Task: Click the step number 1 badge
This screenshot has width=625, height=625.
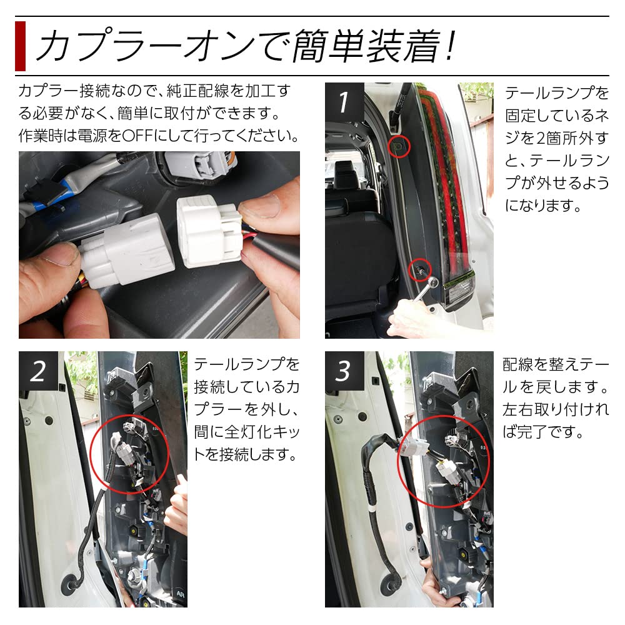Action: coord(342,101)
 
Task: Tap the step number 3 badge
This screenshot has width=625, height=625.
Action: coord(343,371)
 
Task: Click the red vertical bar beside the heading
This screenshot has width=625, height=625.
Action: coord(20,46)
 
